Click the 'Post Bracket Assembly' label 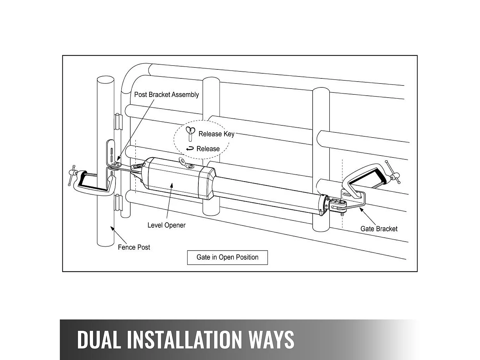pyautogui.click(x=166, y=95)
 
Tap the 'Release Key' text pyautogui.click(x=216, y=134)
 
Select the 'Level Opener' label pyautogui.click(x=166, y=225)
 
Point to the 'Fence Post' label pyautogui.click(x=134, y=247)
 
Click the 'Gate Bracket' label pyautogui.click(x=379, y=229)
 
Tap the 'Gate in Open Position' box pyautogui.click(x=227, y=258)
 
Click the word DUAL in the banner pyautogui.click(x=99, y=339)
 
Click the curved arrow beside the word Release pyautogui.click(x=190, y=148)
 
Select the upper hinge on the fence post pyautogui.click(x=119, y=121)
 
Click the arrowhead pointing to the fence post pyautogui.click(x=112, y=228)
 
